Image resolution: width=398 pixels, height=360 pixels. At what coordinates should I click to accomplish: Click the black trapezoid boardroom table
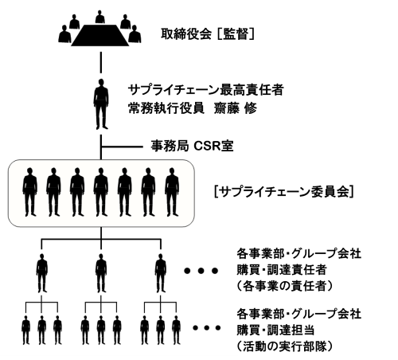(99, 35)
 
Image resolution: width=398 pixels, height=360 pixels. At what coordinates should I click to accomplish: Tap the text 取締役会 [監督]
(208, 34)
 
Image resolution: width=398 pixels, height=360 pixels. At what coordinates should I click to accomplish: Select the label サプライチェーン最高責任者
(206, 90)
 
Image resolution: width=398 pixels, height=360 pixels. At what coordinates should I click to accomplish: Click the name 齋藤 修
(236, 108)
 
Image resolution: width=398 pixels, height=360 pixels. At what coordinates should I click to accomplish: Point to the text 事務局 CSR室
(193, 146)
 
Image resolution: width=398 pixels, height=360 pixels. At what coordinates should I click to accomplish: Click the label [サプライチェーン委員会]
(284, 192)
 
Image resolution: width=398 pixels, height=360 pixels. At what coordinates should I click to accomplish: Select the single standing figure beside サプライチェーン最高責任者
(101, 104)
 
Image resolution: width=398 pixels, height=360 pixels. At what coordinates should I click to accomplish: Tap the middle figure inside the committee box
(101, 192)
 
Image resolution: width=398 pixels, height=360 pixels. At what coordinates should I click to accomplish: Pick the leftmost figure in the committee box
(30, 192)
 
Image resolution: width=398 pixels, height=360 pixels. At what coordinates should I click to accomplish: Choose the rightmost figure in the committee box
(172, 192)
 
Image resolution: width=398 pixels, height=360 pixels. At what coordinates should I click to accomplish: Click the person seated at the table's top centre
(100, 18)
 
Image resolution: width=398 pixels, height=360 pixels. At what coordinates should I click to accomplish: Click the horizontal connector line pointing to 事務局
(122, 147)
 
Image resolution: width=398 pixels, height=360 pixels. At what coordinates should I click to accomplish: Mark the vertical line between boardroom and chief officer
(101, 62)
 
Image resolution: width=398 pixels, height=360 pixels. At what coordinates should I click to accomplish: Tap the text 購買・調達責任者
(282, 270)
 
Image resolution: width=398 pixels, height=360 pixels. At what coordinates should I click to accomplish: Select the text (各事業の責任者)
(284, 286)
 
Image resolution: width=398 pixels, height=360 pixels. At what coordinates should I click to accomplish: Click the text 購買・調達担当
(275, 330)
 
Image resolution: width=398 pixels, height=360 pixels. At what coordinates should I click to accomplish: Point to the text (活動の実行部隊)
(284, 346)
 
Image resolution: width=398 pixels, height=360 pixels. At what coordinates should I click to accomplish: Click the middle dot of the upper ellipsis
(201, 271)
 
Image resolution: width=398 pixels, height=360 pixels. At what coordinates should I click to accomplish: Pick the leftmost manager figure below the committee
(42, 273)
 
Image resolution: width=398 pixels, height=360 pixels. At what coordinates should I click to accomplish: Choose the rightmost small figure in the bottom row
(177, 330)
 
